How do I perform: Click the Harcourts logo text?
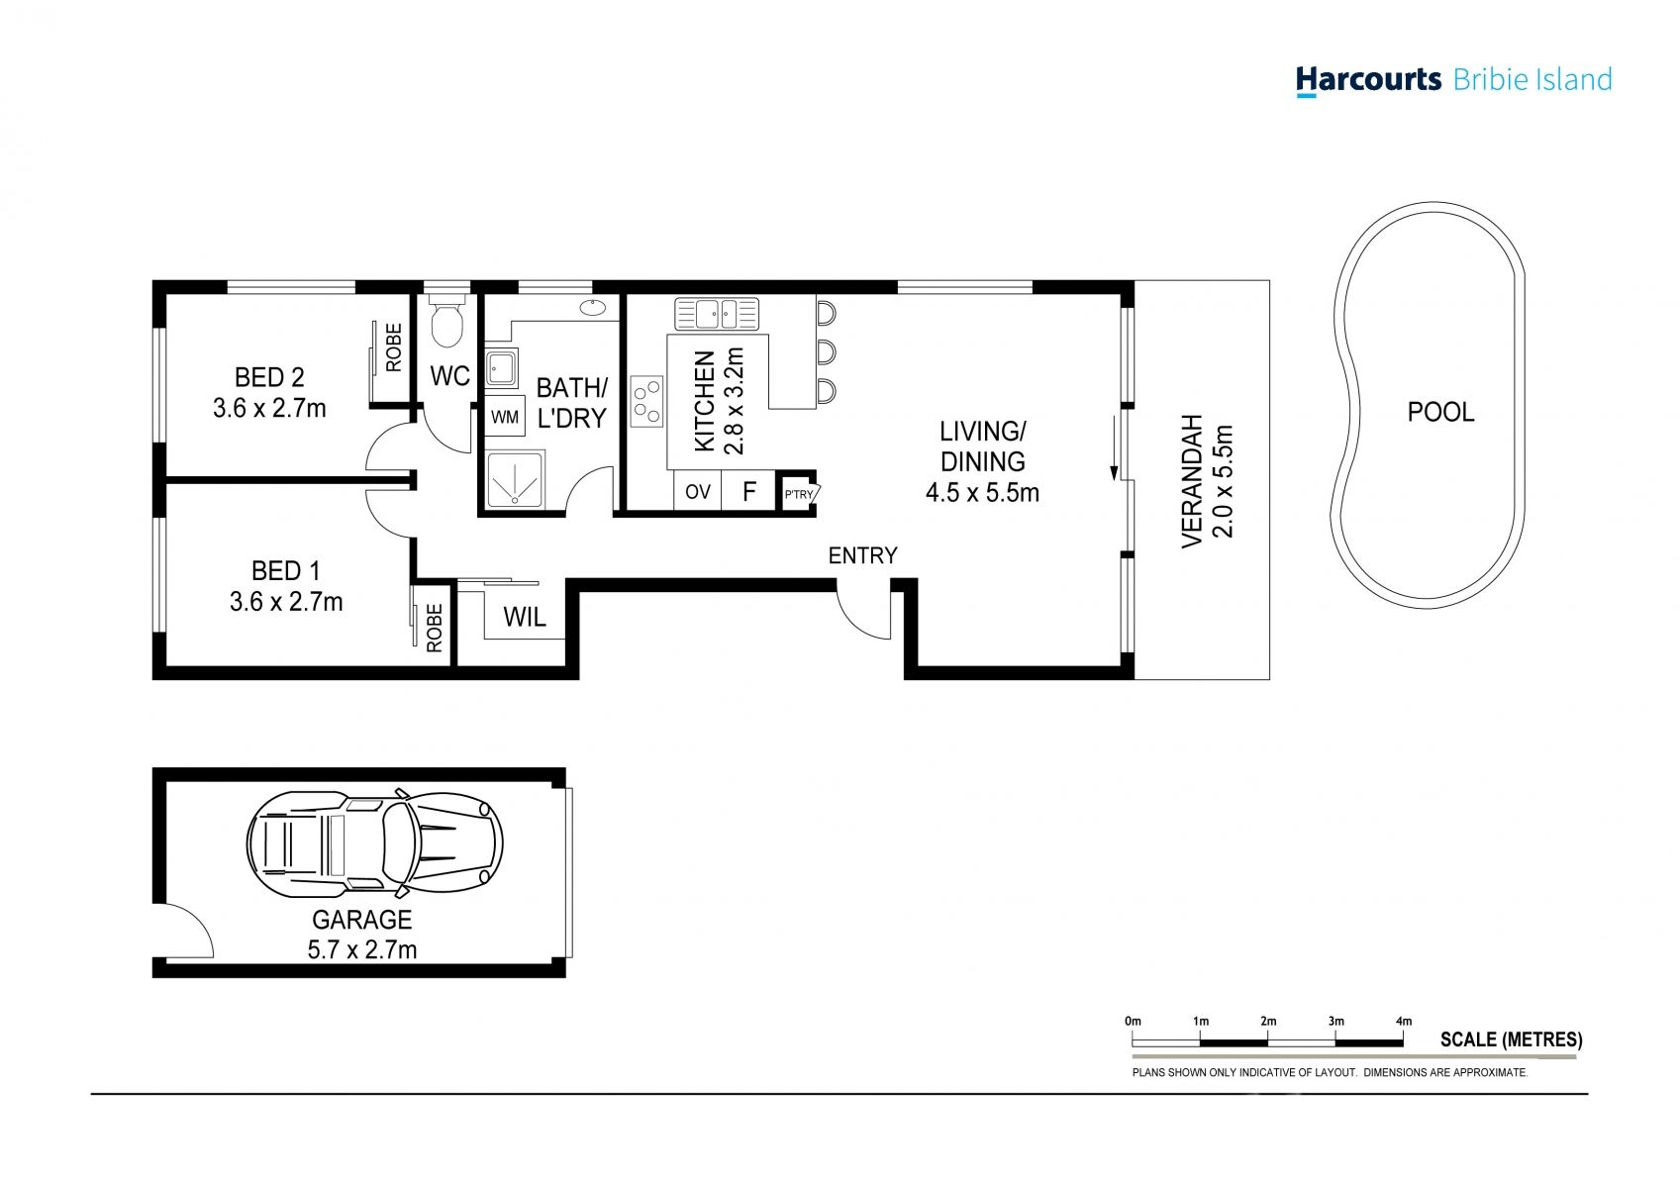pyautogui.click(x=1368, y=79)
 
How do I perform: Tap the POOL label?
pyautogui.click(x=1440, y=412)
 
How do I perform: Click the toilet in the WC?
pyautogui.click(x=447, y=324)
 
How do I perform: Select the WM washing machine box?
pyautogui.click(x=505, y=418)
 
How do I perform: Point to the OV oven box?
pyautogui.click(x=697, y=492)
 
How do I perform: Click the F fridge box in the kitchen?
pyautogui.click(x=749, y=492)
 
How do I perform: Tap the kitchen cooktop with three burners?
pyautogui.click(x=646, y=402)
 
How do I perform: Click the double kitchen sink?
pyautogui.click(x=717, y=314)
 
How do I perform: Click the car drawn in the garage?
pyautogui.click(x=374, y=841)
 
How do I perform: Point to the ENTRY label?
pyautogui.click(x=862, y=556)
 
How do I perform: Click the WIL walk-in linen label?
pyautogui.click(x=524, y=618)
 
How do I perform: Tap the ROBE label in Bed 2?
pyautogui.click(x=394, y=347)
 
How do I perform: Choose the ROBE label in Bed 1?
pyautogui.click(x=434, y=628)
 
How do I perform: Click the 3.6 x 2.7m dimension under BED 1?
pyautogui.click(x=286, y=602)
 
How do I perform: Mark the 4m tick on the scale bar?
pyautogui.click(x=1403, y=1040)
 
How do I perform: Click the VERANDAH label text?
pyautogui.click(x=1192, y=480)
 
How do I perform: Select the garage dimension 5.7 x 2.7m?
pyautogui.click(x=361, y=950)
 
